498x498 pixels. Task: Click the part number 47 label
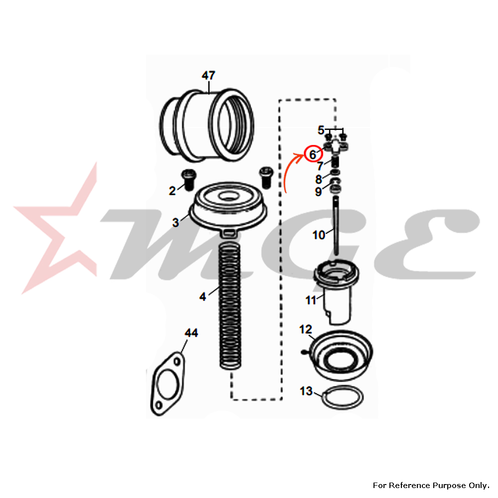[208, 76]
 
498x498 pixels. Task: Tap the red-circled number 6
[313, 155]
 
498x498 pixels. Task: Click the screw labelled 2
[189, 180]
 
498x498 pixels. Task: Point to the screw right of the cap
[266, 177]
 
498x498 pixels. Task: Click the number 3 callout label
[176, 223]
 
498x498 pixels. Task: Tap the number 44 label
[191, 333]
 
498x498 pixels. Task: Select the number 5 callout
[321, 130]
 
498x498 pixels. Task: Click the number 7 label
[320, 166]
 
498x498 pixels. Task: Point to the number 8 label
[319, 179]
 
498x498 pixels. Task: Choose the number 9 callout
[318, 192]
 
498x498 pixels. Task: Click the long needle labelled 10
[336, 226]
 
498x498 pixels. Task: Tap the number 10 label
[319, 235]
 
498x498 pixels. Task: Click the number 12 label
[306, 329]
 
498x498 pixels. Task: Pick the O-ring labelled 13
[343, 397]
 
